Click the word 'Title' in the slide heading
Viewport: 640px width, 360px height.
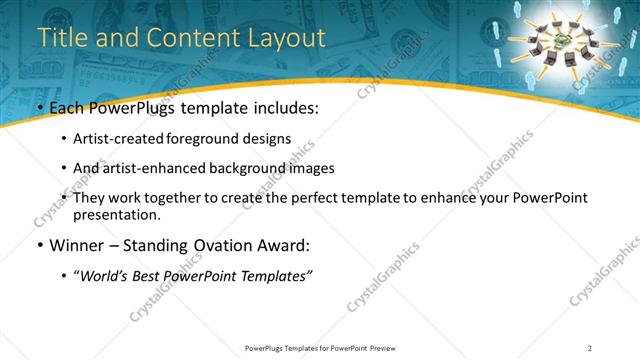click(60, 38)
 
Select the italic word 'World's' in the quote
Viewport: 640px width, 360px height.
click(106, 275)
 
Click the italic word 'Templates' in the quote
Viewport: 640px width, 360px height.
click(274, 275)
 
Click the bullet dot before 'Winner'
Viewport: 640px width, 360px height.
click(39, 245)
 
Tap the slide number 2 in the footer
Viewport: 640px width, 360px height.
click(590, 347)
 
